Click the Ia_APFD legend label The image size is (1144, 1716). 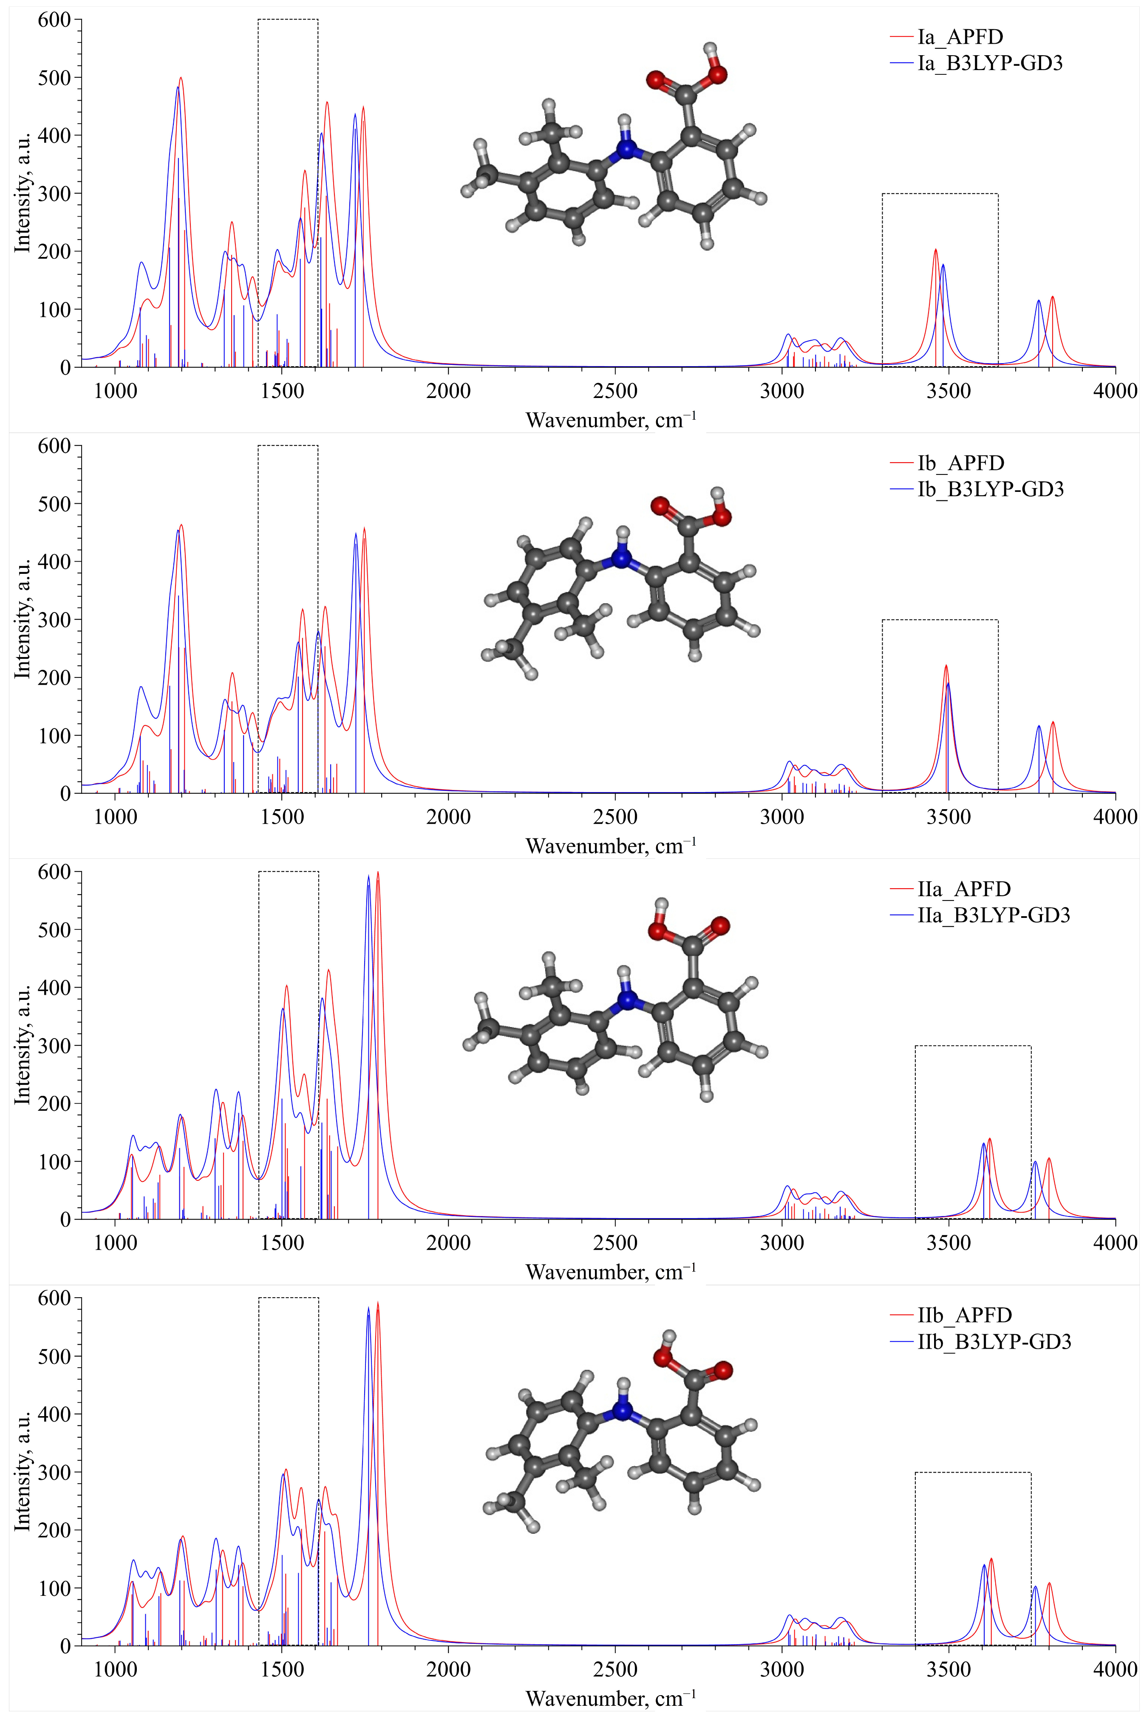tap(960, 37)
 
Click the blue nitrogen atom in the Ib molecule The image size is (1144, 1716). tap(621, 559)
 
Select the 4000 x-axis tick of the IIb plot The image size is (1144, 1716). tap(1115, 1670)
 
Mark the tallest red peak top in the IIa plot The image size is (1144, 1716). tap(378, 872)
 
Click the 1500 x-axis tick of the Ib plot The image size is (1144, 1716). tap(282, 817)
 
